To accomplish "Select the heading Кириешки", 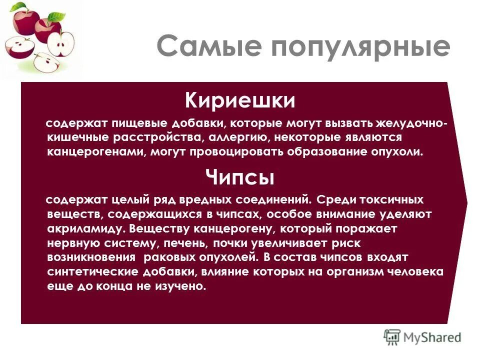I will click(x=240, y=100).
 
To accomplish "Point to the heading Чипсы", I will click(x=240, y=177).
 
